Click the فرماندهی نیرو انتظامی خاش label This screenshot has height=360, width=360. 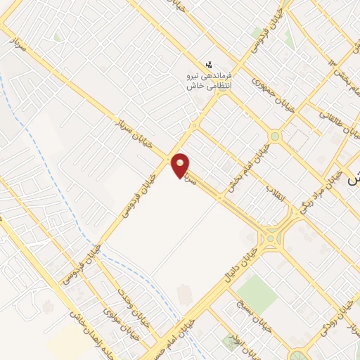pos(209,79)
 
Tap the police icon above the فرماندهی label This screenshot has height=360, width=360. pos(208,64)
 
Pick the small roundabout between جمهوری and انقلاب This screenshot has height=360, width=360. pos(275,136)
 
